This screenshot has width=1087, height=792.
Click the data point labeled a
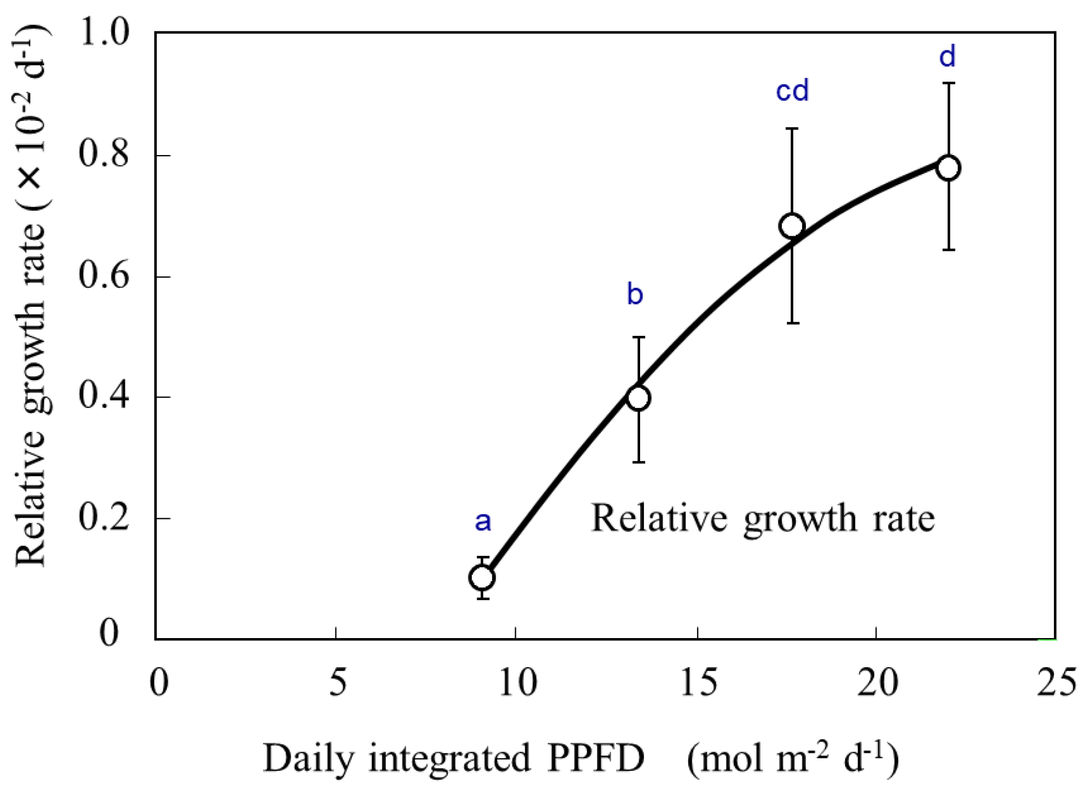(482, 577)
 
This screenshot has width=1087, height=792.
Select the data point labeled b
(638, 398)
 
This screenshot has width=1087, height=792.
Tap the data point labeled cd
(792, 226)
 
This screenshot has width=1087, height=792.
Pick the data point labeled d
(948, 168)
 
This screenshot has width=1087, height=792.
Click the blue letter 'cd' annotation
(792, 91)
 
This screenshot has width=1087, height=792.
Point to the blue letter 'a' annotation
(483, 522)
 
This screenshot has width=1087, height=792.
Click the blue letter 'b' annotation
(635, 294)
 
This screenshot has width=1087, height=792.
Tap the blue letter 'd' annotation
(947, 57)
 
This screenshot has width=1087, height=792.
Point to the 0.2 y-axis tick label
(104, 518)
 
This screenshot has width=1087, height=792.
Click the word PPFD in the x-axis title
(596, 758)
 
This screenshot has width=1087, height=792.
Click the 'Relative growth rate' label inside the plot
(763, 518)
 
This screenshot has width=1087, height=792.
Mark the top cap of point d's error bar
(948, 83)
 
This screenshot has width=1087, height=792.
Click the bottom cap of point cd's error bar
(792, 323)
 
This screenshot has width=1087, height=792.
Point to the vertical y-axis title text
(31, 297)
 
